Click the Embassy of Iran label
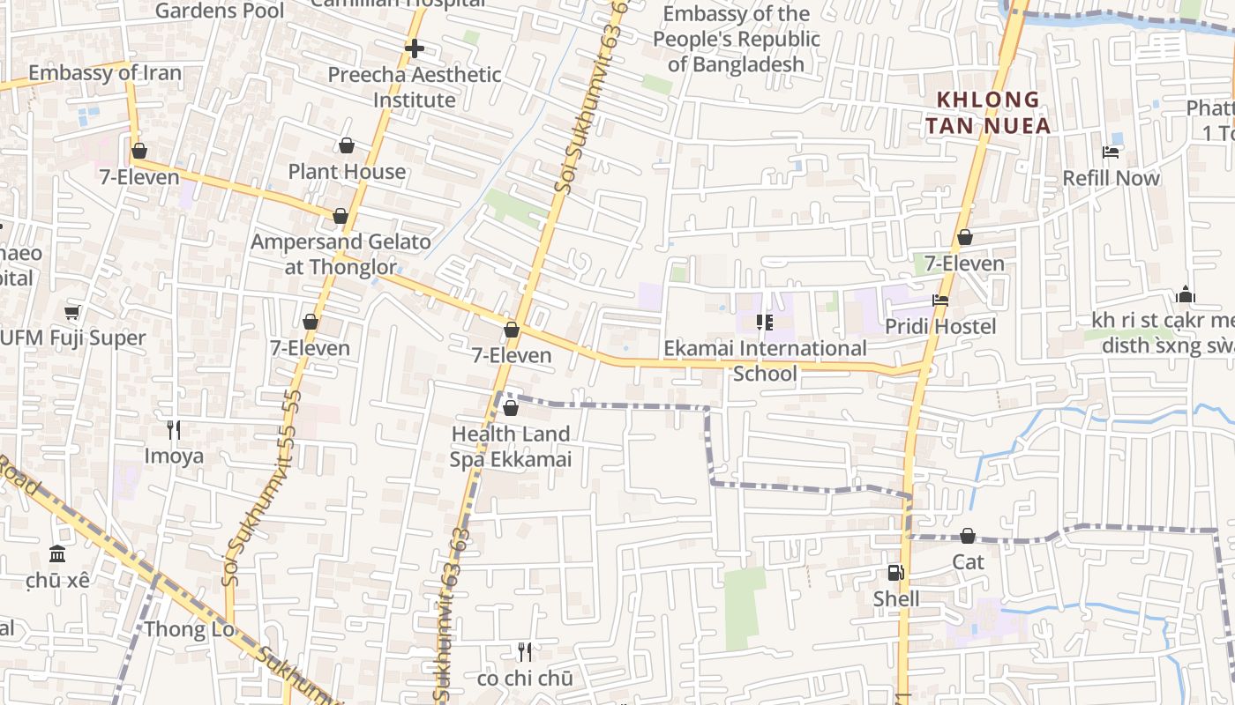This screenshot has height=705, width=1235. [105, 73]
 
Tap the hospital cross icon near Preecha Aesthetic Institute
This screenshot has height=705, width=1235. [414, 48]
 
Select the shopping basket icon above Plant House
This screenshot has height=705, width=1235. [347, 145]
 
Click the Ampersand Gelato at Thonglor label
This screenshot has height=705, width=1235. [341, 254]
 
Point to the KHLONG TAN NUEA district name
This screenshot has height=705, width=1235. [988, 113]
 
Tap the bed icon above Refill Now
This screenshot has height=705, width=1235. [1111, 152]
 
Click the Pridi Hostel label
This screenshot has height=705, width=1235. [940, 327]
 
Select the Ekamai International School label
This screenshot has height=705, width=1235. [765, 360]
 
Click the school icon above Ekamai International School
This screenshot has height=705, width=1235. [765, 323]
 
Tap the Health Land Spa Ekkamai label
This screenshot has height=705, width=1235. [511, 446]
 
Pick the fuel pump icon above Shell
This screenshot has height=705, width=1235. [895, 573]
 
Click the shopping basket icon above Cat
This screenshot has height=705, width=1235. [968, 536]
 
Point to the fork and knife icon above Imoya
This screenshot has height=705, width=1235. [174, 429]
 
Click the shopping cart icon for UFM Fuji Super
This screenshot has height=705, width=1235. [72, 312]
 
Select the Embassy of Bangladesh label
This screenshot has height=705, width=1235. [737, 39]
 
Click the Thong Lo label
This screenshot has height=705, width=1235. [189, 629]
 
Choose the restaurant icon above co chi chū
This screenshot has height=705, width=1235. [525, 652]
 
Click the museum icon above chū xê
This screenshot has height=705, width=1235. [58, 554]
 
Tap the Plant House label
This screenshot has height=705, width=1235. [347, 172]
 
